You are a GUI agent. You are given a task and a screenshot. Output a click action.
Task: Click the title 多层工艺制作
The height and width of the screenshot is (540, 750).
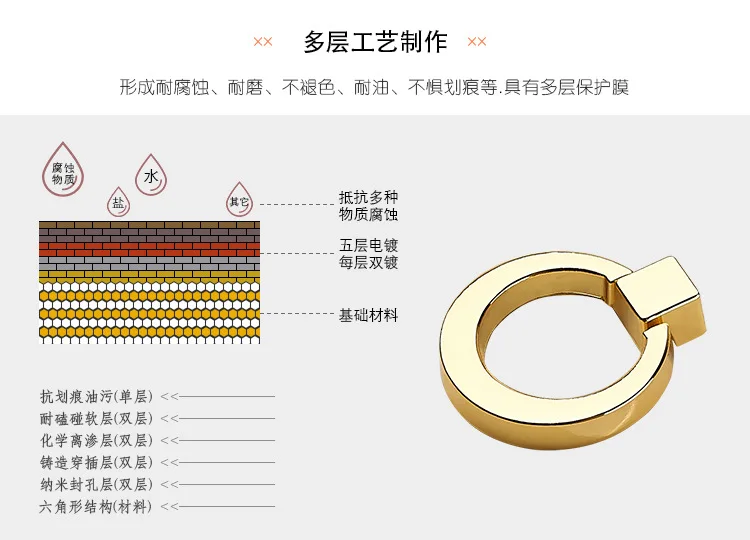click(x=375, y=42)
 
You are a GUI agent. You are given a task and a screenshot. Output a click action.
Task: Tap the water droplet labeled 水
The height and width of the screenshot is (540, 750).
click(x=151, y=175)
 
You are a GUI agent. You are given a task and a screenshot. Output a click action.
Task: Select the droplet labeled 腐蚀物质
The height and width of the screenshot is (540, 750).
click(x=63, y=170)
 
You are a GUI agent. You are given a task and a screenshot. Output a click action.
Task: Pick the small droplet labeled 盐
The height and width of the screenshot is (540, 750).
click(x=118, y=202)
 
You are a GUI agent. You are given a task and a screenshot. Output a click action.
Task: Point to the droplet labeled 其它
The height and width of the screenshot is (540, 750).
click(x=239, y=199)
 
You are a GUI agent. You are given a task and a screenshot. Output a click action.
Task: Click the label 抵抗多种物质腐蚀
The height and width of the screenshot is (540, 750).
click(x=368, y=206)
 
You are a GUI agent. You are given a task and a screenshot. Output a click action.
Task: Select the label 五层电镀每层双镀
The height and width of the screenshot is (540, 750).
click(x=368, y=254)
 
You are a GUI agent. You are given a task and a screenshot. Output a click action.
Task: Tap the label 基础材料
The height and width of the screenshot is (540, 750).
click(x=368, y=315)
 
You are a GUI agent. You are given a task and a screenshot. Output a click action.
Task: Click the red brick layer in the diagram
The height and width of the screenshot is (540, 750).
click(x=149, y=249)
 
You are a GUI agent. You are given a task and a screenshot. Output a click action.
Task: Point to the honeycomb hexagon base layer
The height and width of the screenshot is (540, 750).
click(x=149, y=312)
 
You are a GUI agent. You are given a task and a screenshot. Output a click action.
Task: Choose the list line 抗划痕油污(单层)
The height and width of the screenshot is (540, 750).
click(x=96, y=397)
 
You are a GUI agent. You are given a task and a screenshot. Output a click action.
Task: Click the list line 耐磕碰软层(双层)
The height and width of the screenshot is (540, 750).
click(x=96, y=419)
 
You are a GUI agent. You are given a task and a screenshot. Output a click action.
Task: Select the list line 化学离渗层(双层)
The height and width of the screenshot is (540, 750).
click(x=96, y=441)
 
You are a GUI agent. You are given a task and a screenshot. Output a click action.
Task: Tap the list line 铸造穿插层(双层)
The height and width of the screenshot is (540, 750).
click(x=96, y=463)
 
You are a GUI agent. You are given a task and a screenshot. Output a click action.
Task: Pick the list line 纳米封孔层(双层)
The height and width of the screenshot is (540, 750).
click(x=96, y=485)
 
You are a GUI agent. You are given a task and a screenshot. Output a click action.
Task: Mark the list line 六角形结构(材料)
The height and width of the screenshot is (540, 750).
click(x=96, y=507)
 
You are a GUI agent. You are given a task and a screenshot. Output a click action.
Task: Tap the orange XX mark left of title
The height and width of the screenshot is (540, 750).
click(x=263, y=42)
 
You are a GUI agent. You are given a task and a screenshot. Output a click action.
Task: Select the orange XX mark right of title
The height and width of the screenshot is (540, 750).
click(x=476, y=42)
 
